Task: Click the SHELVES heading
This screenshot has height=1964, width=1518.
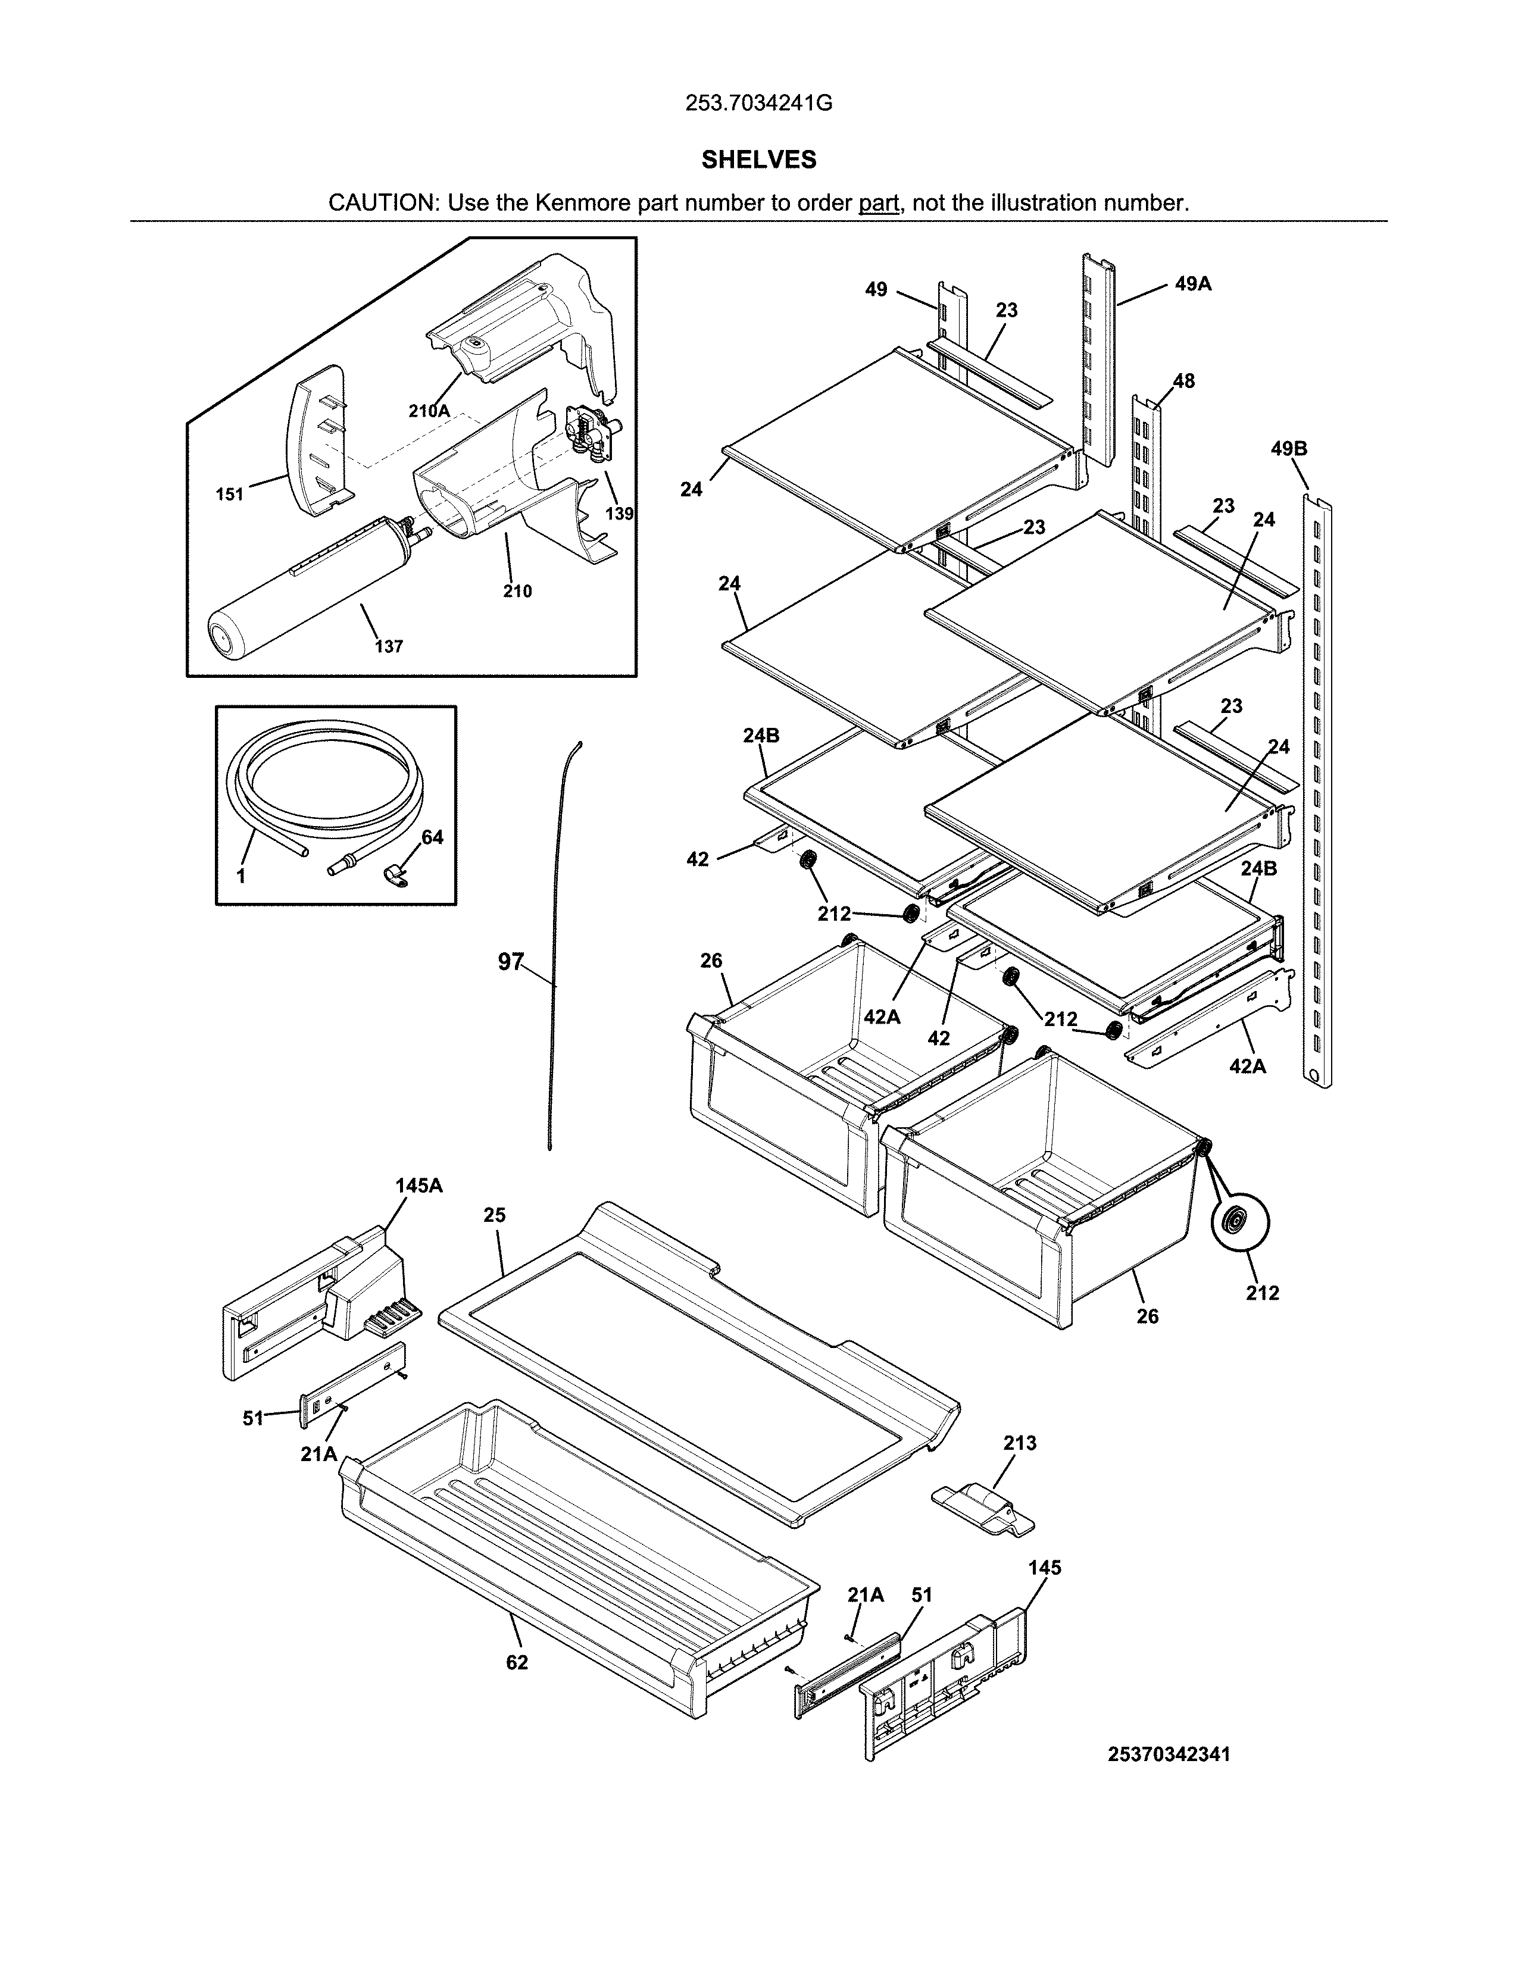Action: [758, 160]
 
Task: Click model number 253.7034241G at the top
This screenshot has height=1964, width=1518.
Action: [758, 104]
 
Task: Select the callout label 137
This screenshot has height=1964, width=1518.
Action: [389, 646]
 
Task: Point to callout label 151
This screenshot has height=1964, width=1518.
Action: [229, 494]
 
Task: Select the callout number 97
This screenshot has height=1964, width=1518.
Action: [511, 962]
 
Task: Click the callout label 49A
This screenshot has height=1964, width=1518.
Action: [1192, 284]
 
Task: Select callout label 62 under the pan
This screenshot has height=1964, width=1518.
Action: [517, 1663]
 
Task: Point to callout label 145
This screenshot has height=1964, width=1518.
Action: [1044, 1568]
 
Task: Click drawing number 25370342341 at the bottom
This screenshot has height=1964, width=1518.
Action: [1169, 1755]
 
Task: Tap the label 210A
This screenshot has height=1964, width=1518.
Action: [429, 411]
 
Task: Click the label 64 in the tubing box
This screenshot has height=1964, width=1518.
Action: [433, 837]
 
